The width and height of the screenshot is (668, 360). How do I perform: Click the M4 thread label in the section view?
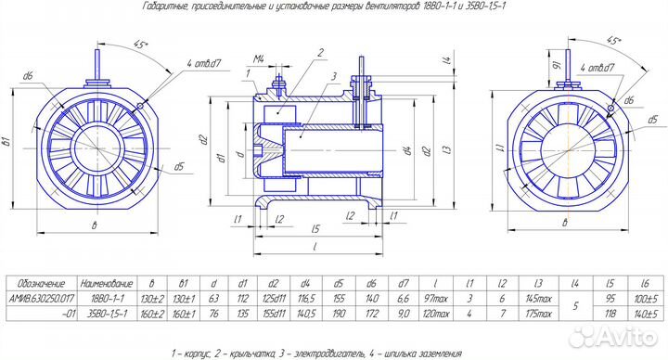(263, 59)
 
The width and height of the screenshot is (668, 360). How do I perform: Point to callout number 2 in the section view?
(318, 53)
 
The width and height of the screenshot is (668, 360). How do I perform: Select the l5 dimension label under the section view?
(316, 227)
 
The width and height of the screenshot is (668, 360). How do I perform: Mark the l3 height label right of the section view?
(447, 148)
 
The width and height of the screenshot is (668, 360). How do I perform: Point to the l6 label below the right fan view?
(562, 226)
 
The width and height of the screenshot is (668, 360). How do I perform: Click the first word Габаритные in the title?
(165, 6)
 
